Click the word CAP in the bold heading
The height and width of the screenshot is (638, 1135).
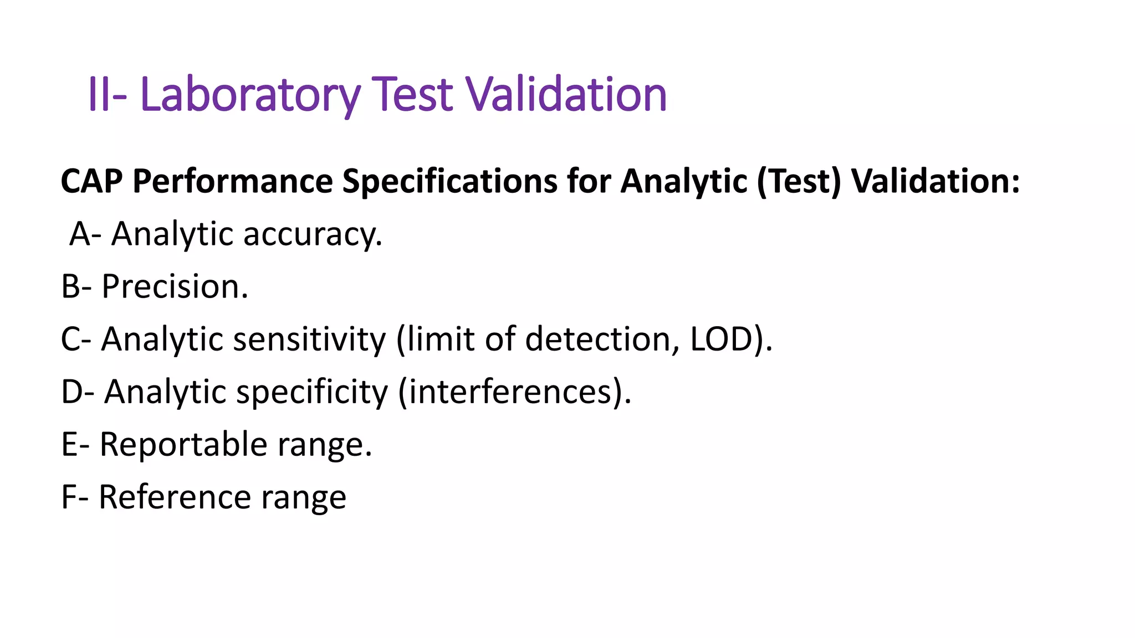click(x=91, y=181)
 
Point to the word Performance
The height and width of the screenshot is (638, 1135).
click(x=233, y=181)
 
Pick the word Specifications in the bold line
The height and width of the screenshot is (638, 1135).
click(x=449, y=181)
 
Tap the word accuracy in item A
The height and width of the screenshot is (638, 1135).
click(x=313, y=234)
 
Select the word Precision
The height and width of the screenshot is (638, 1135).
click(x=175, y=286)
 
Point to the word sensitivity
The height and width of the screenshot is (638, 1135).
click(x=309, y=339)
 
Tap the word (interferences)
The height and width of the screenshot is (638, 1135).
click(x=515, y=392)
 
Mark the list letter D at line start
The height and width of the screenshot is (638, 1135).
click(x=73, y=392)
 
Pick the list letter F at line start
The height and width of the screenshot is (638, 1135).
click(x=69, y=497)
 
